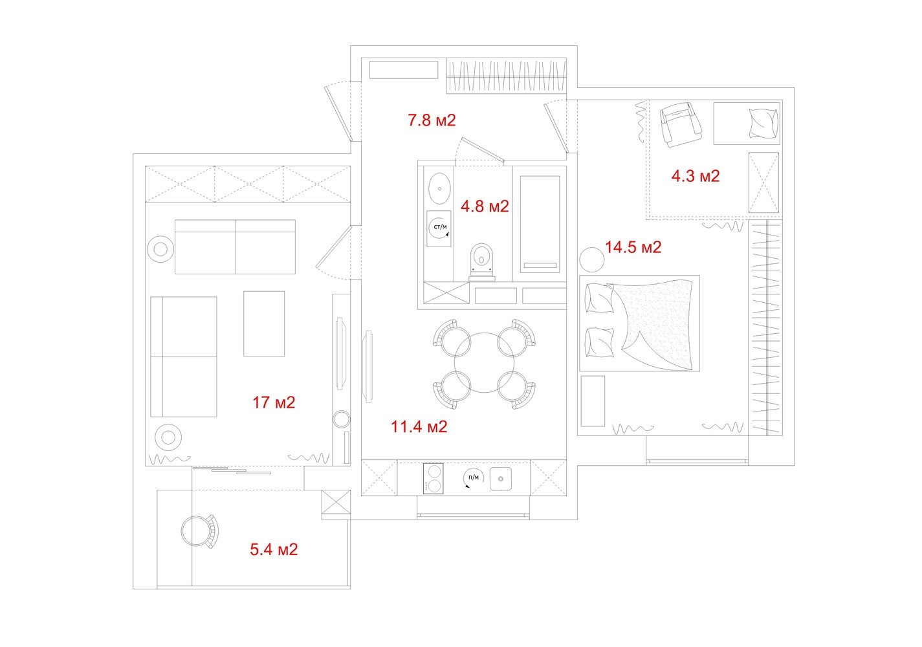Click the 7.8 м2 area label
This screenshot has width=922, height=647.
point(432,120)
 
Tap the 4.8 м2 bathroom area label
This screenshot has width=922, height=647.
point(485,206)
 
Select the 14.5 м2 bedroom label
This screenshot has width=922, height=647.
point(633,247)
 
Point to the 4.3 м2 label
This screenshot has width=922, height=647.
point(696,176)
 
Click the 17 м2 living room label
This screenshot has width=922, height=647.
point(274,402)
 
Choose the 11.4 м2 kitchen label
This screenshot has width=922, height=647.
point(419,426)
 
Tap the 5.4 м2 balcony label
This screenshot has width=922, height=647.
point(274,549)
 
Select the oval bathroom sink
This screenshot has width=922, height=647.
point(439,188)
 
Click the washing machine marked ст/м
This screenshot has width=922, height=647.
point(439,229)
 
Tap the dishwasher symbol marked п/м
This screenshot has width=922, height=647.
point(474,478)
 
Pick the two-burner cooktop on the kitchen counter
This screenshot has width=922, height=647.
point(434,479)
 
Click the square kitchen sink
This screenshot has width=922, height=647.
point(501,479)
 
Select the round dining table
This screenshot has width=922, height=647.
point(485,362)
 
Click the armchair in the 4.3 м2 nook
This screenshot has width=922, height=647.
point(681,125)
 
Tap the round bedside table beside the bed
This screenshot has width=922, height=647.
point(592,259)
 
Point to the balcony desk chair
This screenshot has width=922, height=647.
point(200,531)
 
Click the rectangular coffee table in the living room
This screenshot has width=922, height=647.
point(264,323)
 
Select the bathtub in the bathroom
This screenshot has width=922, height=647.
point(540,224)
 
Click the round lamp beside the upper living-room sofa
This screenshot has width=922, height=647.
point(160,249)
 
